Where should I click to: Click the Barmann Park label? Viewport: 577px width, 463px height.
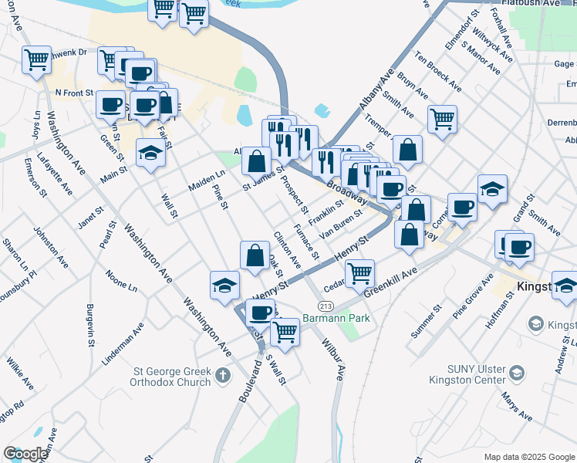tap(336, 318)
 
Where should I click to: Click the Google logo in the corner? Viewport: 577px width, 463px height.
tap(25, 454)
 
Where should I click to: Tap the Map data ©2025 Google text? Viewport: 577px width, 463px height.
tap(528, 457)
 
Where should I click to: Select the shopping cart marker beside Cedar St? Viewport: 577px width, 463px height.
tap(359, 273)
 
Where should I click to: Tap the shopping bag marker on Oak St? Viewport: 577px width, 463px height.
tap(255, 255)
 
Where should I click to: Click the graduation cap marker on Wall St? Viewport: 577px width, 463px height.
tap(150, 154)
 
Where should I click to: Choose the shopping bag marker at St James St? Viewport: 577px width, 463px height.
tap(257, 162)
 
